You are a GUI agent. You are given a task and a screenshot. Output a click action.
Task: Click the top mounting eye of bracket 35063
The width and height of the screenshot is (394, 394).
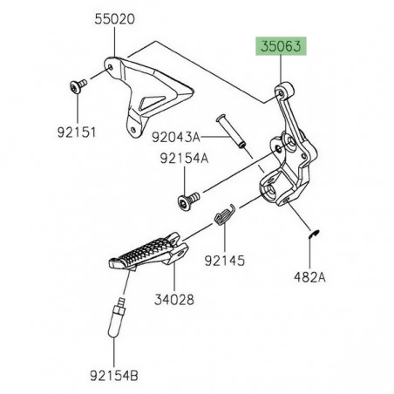pyautogui.click(x=280, y=88)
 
